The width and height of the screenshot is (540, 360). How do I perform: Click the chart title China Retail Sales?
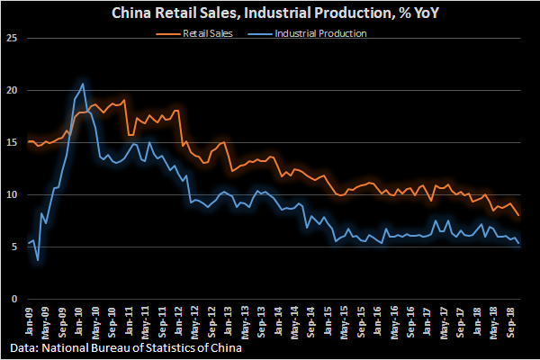click(x=270, y=13)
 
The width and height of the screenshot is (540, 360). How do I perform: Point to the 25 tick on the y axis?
click(x=11, y=38)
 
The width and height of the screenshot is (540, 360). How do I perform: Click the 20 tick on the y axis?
click(x=11, y=90)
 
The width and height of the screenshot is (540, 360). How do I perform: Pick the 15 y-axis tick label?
click(x=11, y=142)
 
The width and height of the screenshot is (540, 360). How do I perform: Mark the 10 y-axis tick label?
click(x=11, y=194)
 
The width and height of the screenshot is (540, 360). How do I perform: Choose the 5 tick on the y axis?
click(x=13, y=247)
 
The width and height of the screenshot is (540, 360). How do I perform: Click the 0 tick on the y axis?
click(x=13, y=299)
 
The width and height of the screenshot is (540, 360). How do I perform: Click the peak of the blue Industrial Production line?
click(x=84, y=84)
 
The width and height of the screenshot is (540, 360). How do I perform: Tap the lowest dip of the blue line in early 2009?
click(x=38, y=260)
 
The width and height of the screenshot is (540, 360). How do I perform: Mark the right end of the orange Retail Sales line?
click(x=518, y=215)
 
